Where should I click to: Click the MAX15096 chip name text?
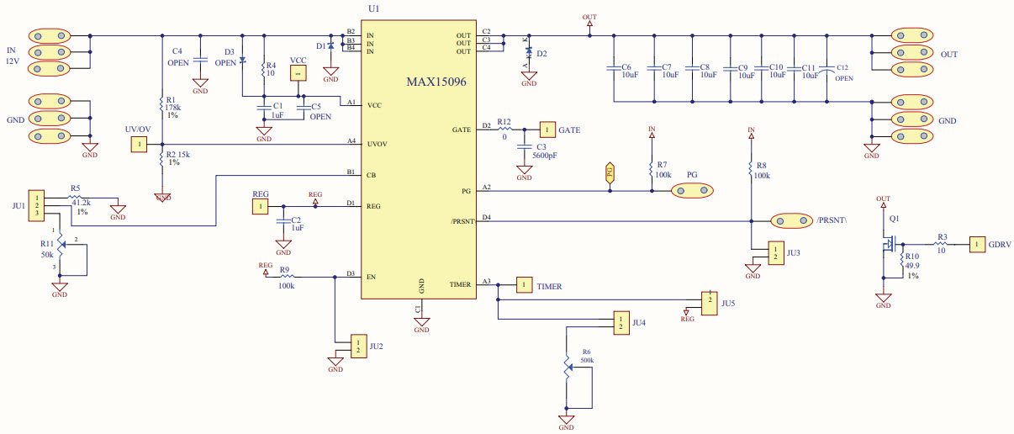click(436, 83)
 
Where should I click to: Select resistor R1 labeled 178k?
click(161, 104)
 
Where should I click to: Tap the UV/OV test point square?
click(137, 146)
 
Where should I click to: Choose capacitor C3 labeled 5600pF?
click(525, 150)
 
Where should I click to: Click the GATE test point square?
click(548, 130)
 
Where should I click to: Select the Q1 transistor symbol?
click(888, 246)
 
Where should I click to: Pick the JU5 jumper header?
click(710, 301)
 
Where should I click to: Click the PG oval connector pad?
click(692, 191)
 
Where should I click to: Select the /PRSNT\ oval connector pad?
click(791, 221)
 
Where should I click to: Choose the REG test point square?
click(261, 206)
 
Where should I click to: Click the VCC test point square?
click(297, 74)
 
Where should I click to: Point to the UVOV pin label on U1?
click(376, 145)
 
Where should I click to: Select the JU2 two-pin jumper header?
click(360, 347)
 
